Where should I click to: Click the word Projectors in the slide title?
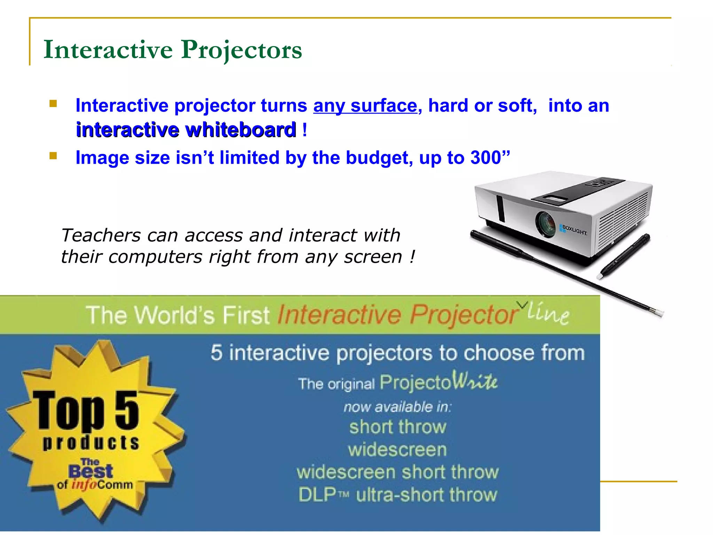click(241, 50)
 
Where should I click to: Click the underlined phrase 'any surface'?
click(365, 106)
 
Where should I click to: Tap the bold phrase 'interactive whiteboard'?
click(186, 130)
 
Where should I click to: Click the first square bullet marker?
click(53, 104)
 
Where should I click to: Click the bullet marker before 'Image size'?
click(53, 156)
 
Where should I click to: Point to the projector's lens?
click(546, 224)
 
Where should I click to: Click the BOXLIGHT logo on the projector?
click(574, 230)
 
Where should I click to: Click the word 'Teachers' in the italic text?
click(101, 235)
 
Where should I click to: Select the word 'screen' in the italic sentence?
click(373, 257)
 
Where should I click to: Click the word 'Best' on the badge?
click(91, 472)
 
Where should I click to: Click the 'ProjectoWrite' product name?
click(438, 382)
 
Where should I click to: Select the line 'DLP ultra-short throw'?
click(398, 495)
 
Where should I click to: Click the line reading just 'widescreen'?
click(397, 449)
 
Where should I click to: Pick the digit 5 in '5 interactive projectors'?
click(217, 352)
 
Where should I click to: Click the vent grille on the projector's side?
click(623, 219)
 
